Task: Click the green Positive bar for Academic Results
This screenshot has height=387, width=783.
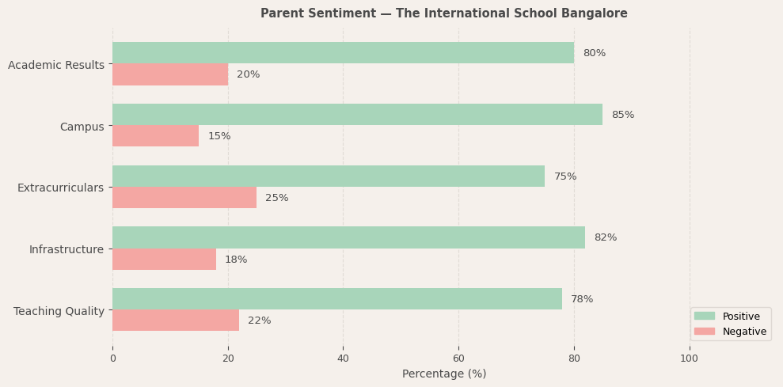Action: pyautogui.click(x=343, y=53)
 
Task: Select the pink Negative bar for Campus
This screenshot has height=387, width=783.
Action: pyautogui.click(x=155, y=136)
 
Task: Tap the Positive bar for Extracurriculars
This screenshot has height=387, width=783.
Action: pyautogui.click(x=329, y=176)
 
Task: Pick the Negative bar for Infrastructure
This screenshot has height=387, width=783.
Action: pyautogui.click(x=164, y=260)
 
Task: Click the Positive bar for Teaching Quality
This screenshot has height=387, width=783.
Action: pyautogui.click(x=337, y=299)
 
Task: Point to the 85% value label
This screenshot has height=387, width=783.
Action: pyautogui.click(x=622, y=115)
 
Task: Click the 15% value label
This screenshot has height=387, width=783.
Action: pyautogui.click(x=219, y=136)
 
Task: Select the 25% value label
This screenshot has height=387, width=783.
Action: pyautogui.click(x=276, y=198)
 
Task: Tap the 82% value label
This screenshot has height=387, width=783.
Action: pyautogui.click(x=605, y=237)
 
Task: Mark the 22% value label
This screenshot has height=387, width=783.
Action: pyautogui.click(x=259, y=321)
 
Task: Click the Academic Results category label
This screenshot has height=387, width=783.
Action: pyautogui.click(x=56, y=65)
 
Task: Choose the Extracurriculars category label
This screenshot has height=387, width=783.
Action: pyautogui.click(x=61, y=188)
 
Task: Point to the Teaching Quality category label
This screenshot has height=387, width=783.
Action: pyautogui.click(x=59, y=311)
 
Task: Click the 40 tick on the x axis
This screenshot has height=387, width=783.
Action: pyautogui.click(x=343, y=359)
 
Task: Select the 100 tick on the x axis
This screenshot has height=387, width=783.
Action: pyautogui.click(x=689, y=359)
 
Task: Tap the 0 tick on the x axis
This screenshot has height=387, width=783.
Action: pyautogui.click(x=112, y=359)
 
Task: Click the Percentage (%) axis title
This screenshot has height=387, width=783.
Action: pyautogui.click(x=444, y=374)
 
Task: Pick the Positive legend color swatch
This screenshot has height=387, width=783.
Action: pyautogui.click(x=704, y=316)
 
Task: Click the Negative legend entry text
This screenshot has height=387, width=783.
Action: pyautogui.click(x=744, y=332)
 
